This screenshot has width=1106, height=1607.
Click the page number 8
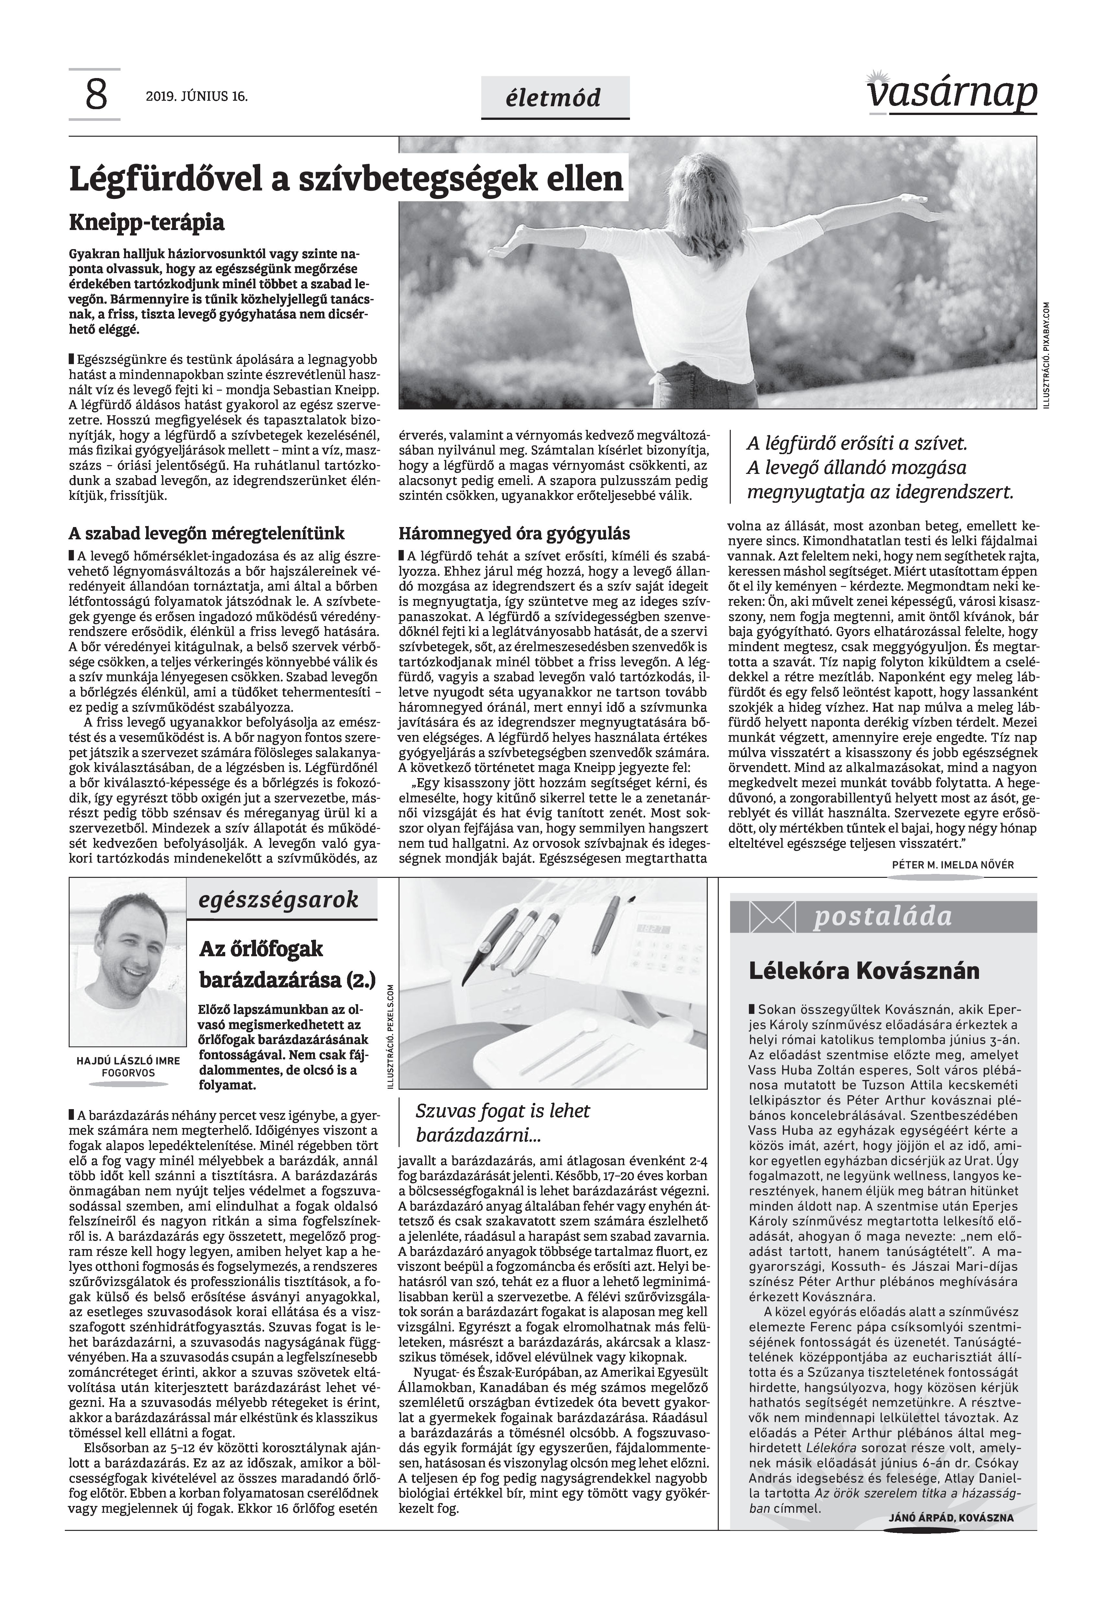coord(96,96)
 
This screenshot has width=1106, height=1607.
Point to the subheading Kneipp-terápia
coord(147,223)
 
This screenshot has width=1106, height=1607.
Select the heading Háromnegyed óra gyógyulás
coord(514,534)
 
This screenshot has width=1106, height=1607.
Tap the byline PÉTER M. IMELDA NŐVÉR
coord(953,865)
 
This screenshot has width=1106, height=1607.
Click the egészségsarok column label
coord(279,900)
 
